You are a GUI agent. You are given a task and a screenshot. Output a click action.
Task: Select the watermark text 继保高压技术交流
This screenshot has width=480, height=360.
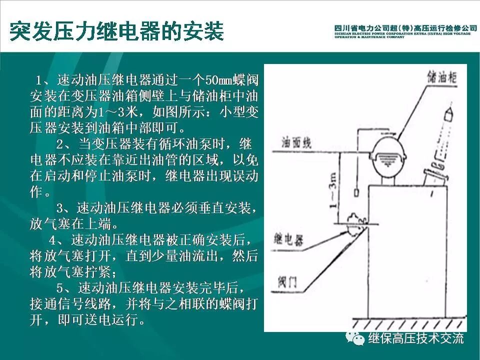point(416,338)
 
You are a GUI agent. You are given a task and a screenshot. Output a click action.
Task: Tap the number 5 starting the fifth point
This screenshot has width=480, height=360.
point(60,288)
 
